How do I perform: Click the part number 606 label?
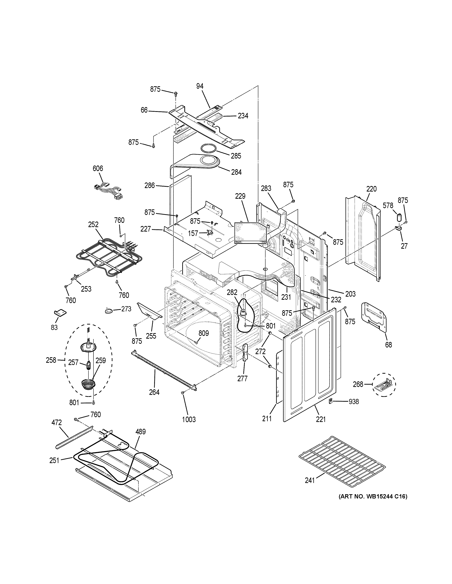[98, 168]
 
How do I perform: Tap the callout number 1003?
[189, 420]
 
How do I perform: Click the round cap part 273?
[109, 310]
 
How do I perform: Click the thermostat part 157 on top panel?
[211, 233]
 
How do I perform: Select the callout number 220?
[371, 189]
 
